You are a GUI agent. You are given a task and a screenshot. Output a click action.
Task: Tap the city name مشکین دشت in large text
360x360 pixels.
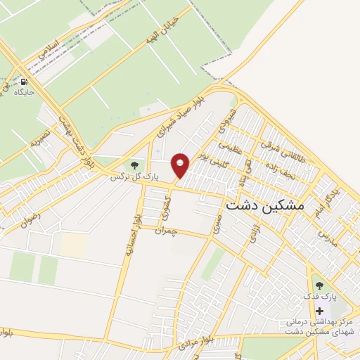[x=265, y=205]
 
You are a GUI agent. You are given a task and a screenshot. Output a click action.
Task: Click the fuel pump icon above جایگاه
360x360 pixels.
[x=25, y=81]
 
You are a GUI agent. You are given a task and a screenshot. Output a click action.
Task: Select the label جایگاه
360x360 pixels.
[x=25, y=92]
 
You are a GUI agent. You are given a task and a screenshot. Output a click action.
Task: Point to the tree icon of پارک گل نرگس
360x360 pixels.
[x=134, y=166]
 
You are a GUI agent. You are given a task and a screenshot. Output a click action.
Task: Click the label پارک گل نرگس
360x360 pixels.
[x=135, y=176]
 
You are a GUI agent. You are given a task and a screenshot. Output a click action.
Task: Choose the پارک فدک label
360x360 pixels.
[x=320, y=297]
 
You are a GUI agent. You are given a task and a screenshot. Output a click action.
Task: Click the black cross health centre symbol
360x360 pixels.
[x=320, y=311]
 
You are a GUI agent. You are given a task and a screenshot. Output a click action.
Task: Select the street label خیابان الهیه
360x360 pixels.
[x=161, y=32]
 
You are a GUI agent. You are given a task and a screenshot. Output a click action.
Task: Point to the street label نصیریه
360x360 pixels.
[x=39, y=136]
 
